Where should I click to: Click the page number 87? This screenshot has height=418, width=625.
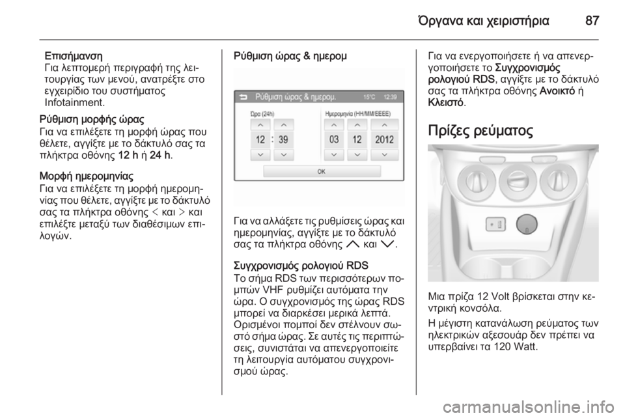[x=592, y=20]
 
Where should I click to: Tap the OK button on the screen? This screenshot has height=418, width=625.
[x=322, y=171]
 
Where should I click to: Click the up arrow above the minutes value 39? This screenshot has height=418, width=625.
[x=283, y=125]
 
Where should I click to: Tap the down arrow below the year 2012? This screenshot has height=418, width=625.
[x=384, y=154]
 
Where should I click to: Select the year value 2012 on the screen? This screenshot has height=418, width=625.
[x=384, y=139]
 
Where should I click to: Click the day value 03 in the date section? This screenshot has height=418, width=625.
[x=334, y=139]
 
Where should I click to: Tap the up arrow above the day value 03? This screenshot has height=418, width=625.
[x=334, y=125]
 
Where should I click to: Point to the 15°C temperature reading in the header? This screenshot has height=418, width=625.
[x=369, y=97]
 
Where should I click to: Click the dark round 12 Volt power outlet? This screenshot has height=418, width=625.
[x=527, y=224]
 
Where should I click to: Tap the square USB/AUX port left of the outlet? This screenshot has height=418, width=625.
[x=495, y=225]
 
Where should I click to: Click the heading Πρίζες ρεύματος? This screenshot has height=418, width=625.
[x=480, y=130]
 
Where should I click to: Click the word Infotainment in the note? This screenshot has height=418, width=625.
[x=74, y=102]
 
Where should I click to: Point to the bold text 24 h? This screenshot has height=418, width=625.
[x=160, y=156]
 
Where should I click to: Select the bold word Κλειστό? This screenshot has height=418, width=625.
[x=445, y=102]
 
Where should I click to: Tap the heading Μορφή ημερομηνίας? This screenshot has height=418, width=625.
[x=87, y=176]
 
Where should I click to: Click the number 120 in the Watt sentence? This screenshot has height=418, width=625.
[x=501, y=346]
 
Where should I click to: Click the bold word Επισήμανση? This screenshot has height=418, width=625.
[x=74, y=55]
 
